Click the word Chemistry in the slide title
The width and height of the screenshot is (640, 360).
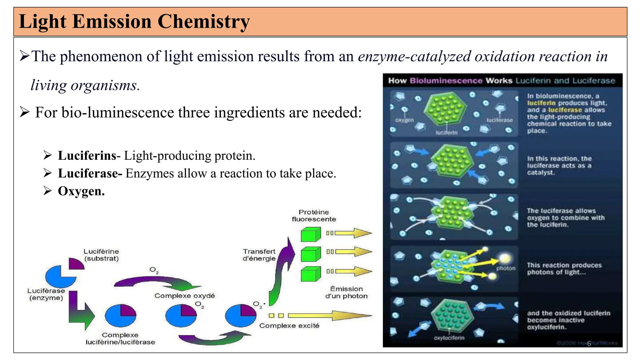[203, 22]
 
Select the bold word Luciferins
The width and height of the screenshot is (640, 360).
[87, 156]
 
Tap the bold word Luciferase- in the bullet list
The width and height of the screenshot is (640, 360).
[90, 173]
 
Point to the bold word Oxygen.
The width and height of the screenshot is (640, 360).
[81, 191]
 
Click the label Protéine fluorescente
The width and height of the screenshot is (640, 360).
[314, 216]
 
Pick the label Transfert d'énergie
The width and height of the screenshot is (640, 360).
[259, 255]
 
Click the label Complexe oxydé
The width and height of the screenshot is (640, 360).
[185, 296]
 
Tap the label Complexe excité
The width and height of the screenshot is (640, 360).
[289, 326]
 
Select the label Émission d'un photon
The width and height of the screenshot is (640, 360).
[346, 292]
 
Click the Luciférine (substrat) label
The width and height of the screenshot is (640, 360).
[101, 255]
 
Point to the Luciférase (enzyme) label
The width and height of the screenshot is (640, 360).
[46, 294]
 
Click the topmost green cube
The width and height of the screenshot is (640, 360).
[310, 234]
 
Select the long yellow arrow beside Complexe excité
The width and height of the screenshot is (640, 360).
[330, 316]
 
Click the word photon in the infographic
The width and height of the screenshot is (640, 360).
[506, 268]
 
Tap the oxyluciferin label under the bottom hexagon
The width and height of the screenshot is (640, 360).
[449, 338]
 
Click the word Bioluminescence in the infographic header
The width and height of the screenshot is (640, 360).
[446, 81]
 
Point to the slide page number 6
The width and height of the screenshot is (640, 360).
[589, 343]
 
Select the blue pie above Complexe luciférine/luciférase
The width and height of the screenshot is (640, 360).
[121, 316]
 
